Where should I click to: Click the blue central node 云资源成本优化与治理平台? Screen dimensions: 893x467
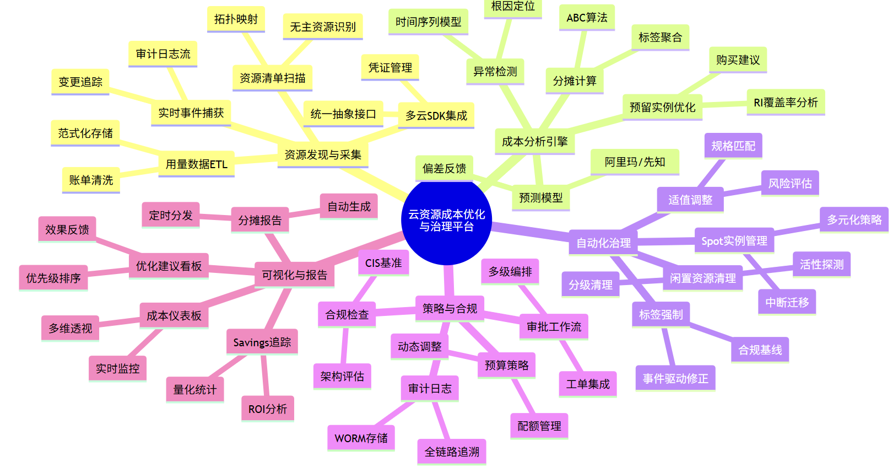446,221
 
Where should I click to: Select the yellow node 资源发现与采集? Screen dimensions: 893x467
323,155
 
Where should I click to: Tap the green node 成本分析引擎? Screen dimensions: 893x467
534,142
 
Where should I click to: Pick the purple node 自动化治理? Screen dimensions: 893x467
603,243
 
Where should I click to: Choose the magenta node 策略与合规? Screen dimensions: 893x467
450,309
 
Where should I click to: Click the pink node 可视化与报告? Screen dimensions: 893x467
294,275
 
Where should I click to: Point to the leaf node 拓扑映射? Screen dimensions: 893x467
236,19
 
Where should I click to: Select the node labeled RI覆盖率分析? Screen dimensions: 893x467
786,103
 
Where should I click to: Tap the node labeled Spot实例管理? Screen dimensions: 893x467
734,241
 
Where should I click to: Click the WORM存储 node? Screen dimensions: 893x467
361,438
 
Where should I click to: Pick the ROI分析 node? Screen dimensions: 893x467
267,409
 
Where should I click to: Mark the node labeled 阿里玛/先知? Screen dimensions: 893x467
635,162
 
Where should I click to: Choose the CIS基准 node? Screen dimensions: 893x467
383,263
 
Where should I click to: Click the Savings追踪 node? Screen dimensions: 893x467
262,342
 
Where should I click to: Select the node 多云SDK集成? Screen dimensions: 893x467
436,116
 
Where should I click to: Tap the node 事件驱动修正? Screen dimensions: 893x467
675,379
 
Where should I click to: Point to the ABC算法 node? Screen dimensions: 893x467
587,18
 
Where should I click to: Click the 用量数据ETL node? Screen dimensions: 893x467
196,164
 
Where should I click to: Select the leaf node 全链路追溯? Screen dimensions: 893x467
452,452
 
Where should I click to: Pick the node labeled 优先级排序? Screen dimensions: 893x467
53,278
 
